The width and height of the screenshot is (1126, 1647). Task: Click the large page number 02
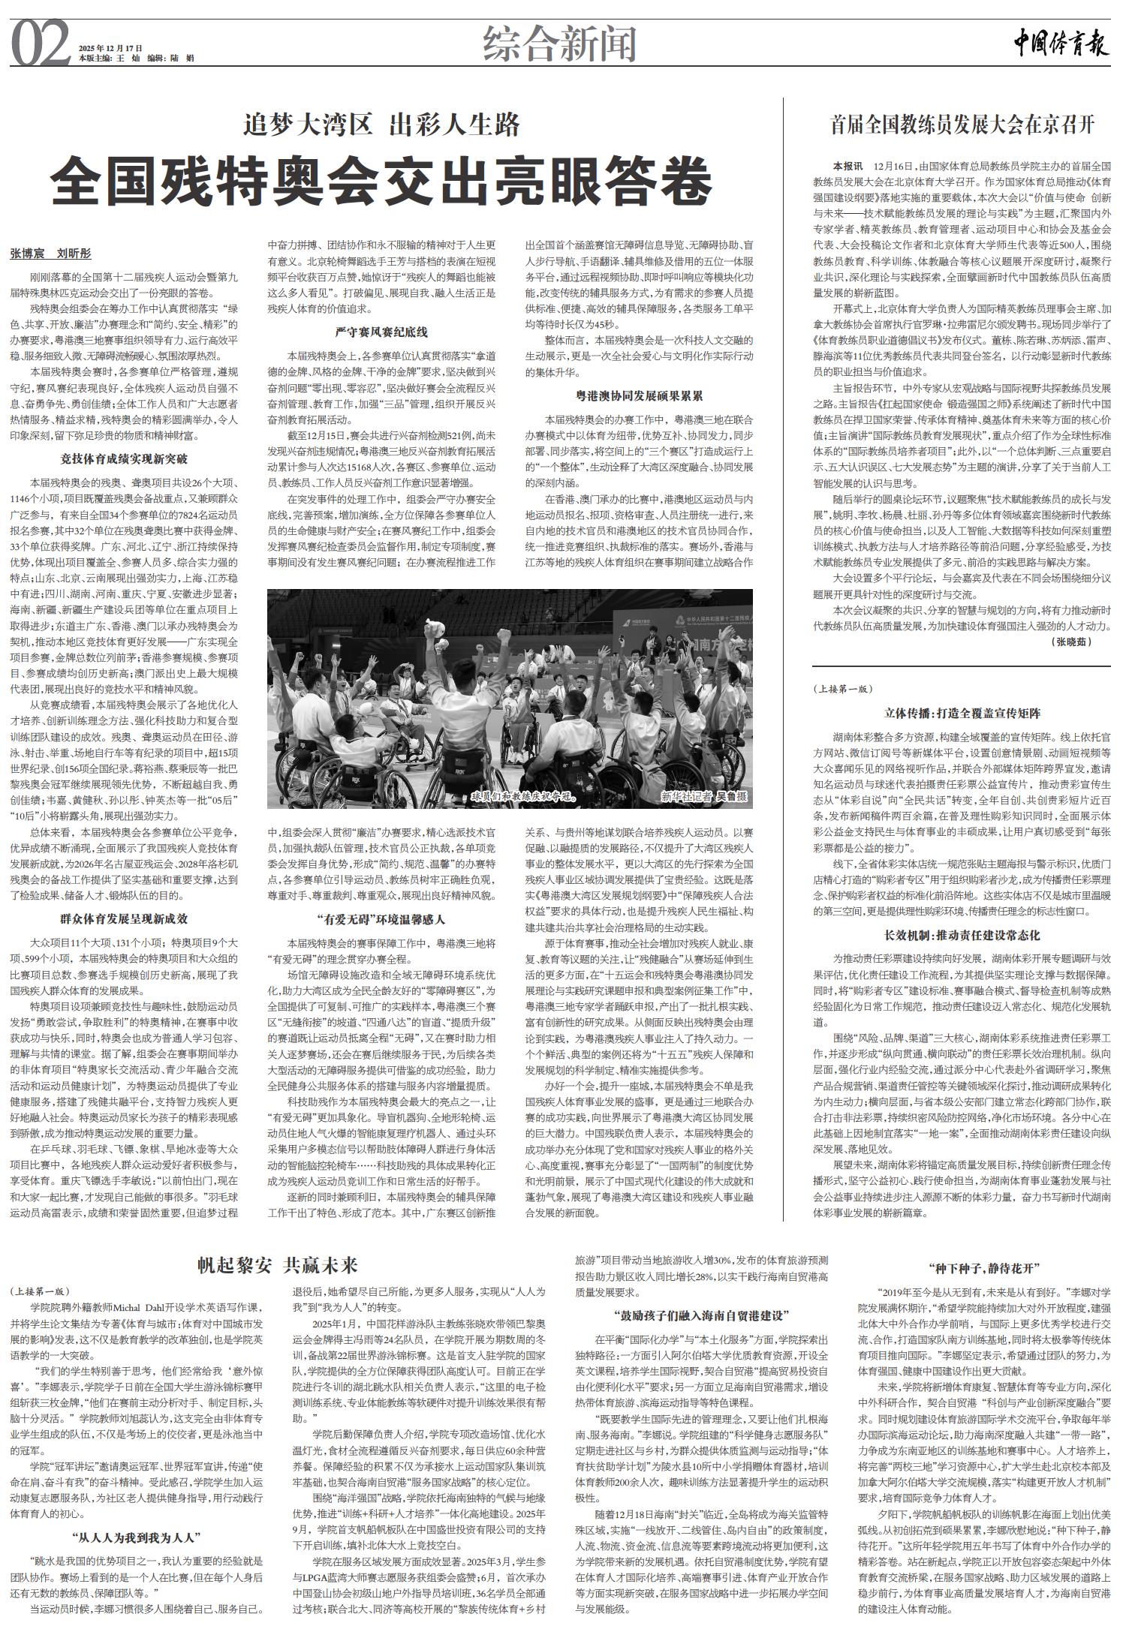(41, 43)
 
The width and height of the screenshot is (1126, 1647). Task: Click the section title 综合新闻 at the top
(560, 44)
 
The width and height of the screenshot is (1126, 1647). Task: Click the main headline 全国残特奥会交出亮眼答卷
(381, 180)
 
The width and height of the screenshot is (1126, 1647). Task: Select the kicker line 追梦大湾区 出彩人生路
(382, 124)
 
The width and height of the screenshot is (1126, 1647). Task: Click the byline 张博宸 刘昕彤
(50, 254)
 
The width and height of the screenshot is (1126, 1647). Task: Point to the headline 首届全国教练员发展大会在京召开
(962, 125)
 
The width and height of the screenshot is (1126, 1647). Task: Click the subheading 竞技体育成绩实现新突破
(124, 458)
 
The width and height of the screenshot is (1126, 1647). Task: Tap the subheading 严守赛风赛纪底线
(381, 332)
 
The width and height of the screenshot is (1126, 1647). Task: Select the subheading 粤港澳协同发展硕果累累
(638, 395)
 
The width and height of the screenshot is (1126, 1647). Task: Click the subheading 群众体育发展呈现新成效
(124, 918)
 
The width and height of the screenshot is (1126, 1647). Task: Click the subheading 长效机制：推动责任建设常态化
(962, 936)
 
